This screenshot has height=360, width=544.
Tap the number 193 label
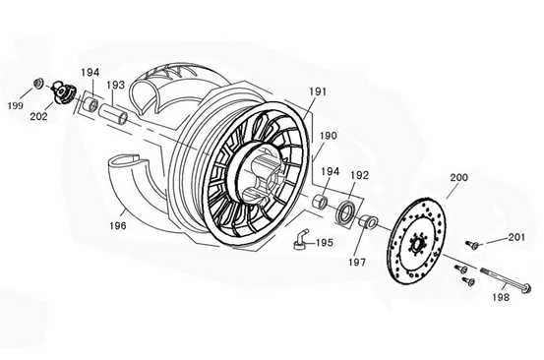pyautogui.click(x=115, y=86)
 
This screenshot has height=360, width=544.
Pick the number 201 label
pyautogui.click(x=516, y=237)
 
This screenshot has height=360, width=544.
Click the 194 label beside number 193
pyautogui.click(x=91, y=73)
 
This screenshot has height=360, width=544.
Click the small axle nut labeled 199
pyautogui.click(x=38, y=84)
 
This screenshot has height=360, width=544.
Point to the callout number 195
pyautogui.click(x=324, y=242)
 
